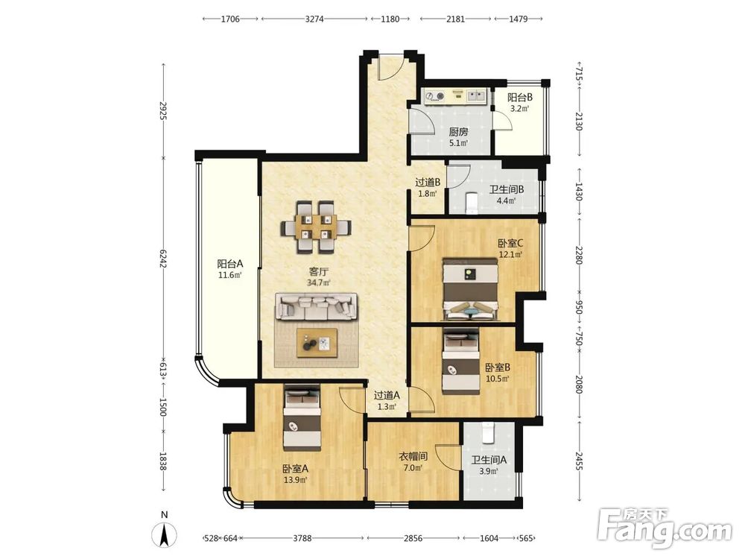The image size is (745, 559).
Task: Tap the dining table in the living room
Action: tap(316, 227)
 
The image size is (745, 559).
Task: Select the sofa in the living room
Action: tap(317, 306)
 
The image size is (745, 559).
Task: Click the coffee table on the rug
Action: tap(317, 342)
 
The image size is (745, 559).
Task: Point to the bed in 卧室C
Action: tap(471, 289)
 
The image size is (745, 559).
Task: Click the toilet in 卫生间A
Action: tap(489, 433)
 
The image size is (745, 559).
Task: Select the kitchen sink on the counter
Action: tap(475, 96)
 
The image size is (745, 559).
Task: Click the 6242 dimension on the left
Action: tap(163, 258)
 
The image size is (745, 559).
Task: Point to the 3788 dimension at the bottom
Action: tap(302, 538)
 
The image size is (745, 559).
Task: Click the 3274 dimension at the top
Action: tap(314, 19)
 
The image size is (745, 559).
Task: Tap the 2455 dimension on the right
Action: tap(579, 460)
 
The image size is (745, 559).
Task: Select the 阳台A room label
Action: tap(230, 263)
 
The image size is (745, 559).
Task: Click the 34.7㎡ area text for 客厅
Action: tap(318, 282)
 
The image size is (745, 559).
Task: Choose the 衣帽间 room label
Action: tap(413, 457)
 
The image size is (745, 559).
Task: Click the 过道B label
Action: tap(428, 182)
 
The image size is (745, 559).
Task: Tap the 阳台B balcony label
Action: tap(520, 98)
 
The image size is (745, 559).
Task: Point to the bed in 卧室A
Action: tap(302, 420)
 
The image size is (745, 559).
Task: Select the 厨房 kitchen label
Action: tap(458, 132)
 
